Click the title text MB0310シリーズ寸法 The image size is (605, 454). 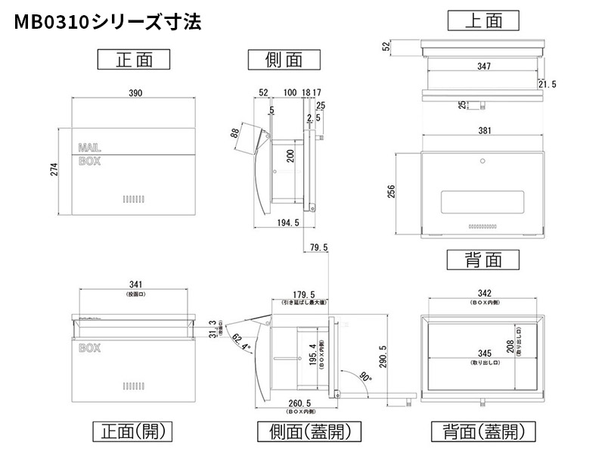tap(106, 22)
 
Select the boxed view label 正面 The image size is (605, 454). tap(134, 59)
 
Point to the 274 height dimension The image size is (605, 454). tap(54, 171)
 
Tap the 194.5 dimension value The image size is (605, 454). tap(289, 222)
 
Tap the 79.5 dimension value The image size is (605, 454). tap(318, 247)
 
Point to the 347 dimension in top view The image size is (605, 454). tap(484, 67)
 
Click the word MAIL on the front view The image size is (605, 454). tap(89, 147)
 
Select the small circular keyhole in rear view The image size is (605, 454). tap(482, 161)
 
